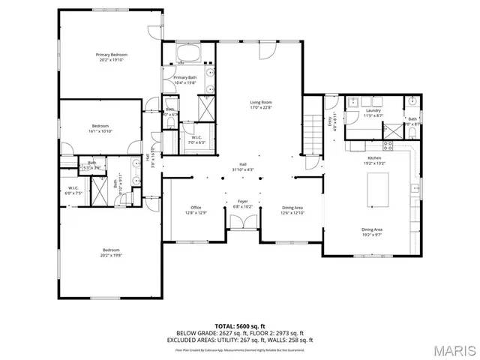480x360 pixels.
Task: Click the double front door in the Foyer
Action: (243, 222)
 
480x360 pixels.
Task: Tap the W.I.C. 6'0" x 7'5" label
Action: (73, 190)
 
